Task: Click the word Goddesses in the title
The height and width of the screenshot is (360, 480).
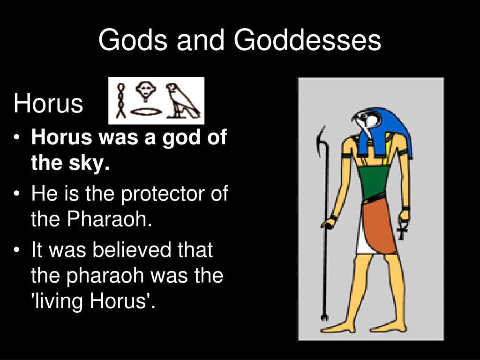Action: [x=307, y=40]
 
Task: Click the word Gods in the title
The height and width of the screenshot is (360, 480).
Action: [x=133, y=40]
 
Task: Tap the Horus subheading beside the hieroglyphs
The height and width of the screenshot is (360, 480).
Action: [x=48, y=104]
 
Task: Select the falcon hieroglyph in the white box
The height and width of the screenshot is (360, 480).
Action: [x=183, y=101]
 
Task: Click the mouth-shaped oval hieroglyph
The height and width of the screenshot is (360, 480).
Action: [x=146, y=112]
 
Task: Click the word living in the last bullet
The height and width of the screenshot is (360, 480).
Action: [x=58, y=301]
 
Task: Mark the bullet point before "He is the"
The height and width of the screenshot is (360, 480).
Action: [x=17, y=194]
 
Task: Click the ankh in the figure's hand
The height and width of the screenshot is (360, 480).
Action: [x=402, y=229]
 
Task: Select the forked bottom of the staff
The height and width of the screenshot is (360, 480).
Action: [x=324, y=317]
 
